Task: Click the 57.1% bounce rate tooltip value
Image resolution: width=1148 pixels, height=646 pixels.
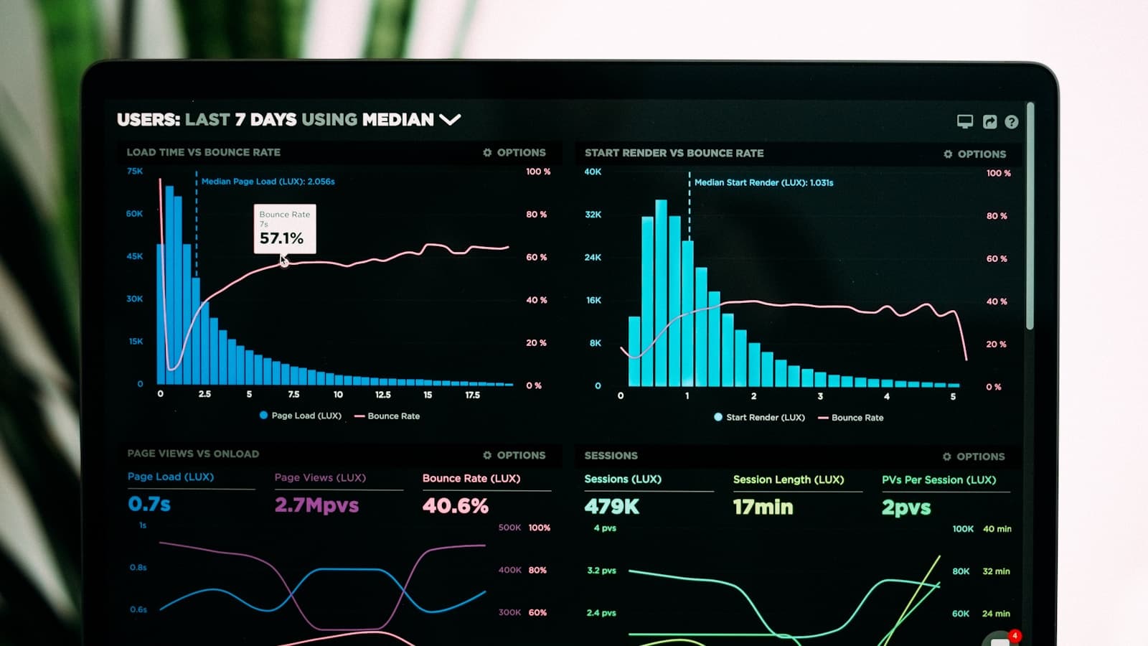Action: [x=281, y=238]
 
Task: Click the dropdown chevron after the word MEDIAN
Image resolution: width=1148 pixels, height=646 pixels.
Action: [x=450, y=119]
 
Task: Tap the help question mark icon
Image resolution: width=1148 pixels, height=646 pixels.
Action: [x=1011, y=122]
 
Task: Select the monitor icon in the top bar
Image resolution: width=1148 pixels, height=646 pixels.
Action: [x=965, y=121]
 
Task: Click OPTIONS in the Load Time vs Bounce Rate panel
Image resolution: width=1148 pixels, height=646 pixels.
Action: [x=514, y=152]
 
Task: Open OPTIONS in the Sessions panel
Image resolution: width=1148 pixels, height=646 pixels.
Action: [x=974, y=457]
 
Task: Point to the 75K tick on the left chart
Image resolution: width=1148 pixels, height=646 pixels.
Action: [x=135, y=171]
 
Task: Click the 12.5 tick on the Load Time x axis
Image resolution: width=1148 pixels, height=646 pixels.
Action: [x=383, y=395]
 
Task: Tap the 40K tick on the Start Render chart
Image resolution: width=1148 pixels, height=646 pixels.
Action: [x=593, y=172]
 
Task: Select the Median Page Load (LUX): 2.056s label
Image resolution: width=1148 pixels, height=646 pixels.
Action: [x=268, y=182]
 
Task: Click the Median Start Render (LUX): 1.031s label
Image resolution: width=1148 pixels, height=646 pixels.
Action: [x=763, y=182]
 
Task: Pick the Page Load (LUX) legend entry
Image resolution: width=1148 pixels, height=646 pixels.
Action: [x=301, y=416]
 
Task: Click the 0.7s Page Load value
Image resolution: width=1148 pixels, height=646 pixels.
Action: [x=149, y=504]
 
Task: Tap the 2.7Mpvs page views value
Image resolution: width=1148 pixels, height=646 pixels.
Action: [x=316, y=505]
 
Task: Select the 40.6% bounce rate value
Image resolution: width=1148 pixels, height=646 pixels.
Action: [x=455, y=506]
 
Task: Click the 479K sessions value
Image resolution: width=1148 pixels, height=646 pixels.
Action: [x=611, y=507]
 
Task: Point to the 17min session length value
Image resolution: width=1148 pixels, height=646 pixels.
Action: [x=763, y=507]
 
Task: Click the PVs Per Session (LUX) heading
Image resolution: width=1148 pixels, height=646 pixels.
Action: [x=938, y=479]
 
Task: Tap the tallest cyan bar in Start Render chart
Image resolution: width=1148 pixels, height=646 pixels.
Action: [x=661, y=294]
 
